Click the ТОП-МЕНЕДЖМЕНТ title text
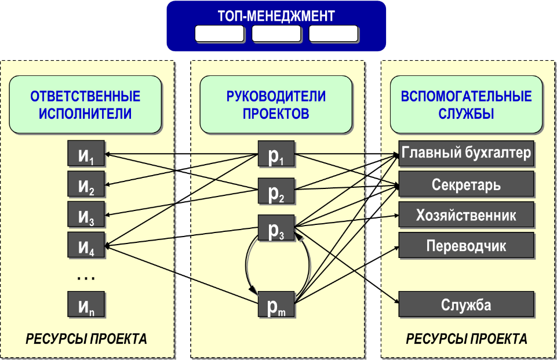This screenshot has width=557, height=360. point(276,16)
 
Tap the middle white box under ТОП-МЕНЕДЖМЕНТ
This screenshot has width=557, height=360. point(276,34)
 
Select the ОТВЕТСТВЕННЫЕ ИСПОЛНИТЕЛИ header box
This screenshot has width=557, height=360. point(85,104)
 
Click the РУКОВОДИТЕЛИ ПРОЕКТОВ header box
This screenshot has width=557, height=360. point(276,104)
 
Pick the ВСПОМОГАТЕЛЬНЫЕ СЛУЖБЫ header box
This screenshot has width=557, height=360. point(466,104)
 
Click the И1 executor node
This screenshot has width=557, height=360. point(86,155)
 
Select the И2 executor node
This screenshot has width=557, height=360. point(86,185)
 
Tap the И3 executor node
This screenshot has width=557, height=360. point(86,215)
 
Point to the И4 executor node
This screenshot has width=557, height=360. point(86,245)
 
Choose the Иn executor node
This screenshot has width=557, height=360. point(86,305)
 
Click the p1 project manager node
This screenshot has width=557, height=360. point(276,155)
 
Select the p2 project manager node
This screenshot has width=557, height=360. point(276,192)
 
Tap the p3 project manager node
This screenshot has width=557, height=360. point(276,228)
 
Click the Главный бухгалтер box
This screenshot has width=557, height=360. point(466,154)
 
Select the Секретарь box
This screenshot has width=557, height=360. point(466,185)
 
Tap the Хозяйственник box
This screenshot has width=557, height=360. point(466,215)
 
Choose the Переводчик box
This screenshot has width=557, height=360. point(466,245)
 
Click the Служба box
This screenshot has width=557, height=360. point(466,305)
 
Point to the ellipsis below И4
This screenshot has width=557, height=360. point(86,279)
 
